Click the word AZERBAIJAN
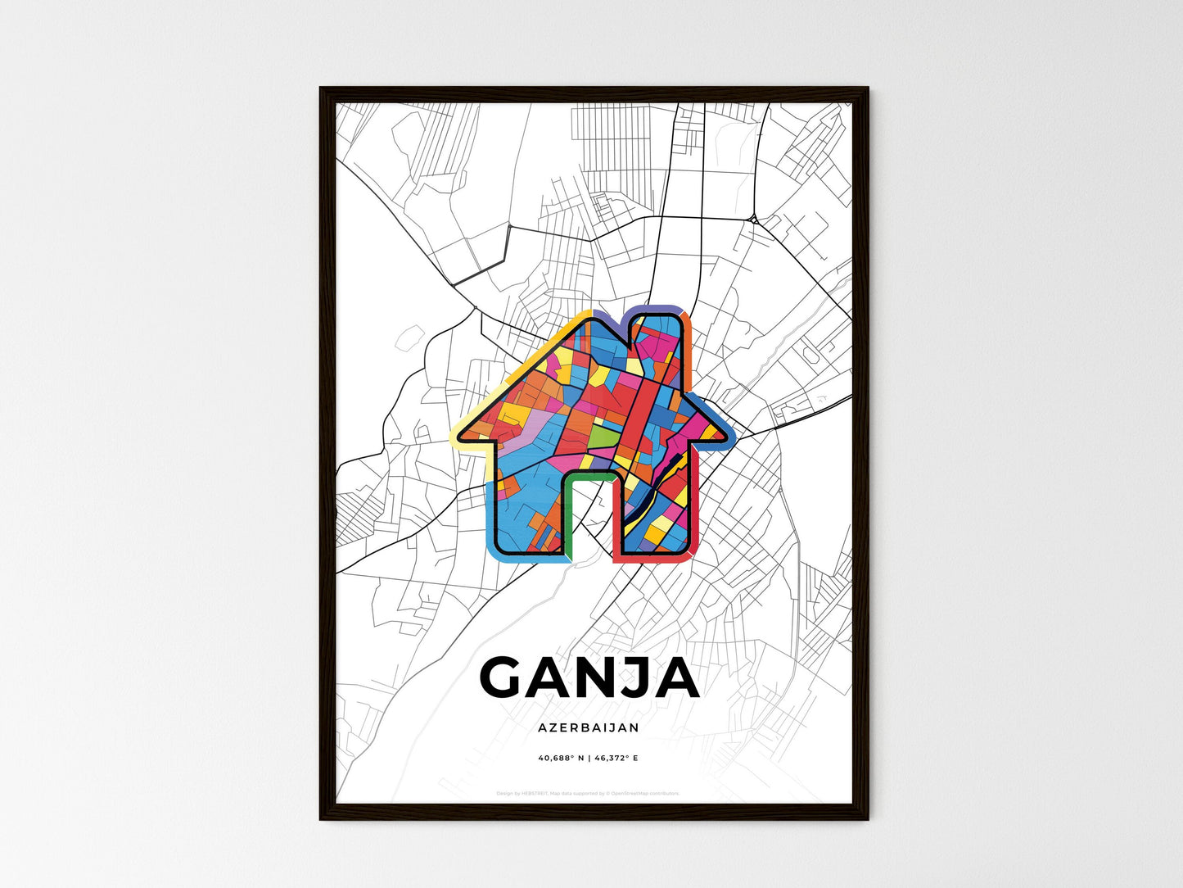[x=589, y=727]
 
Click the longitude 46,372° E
[x=616, y=758]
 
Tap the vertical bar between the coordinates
[x=588, y=758]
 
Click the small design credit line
[x=588, y=793]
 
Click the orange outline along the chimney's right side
[x=689, y=352]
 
